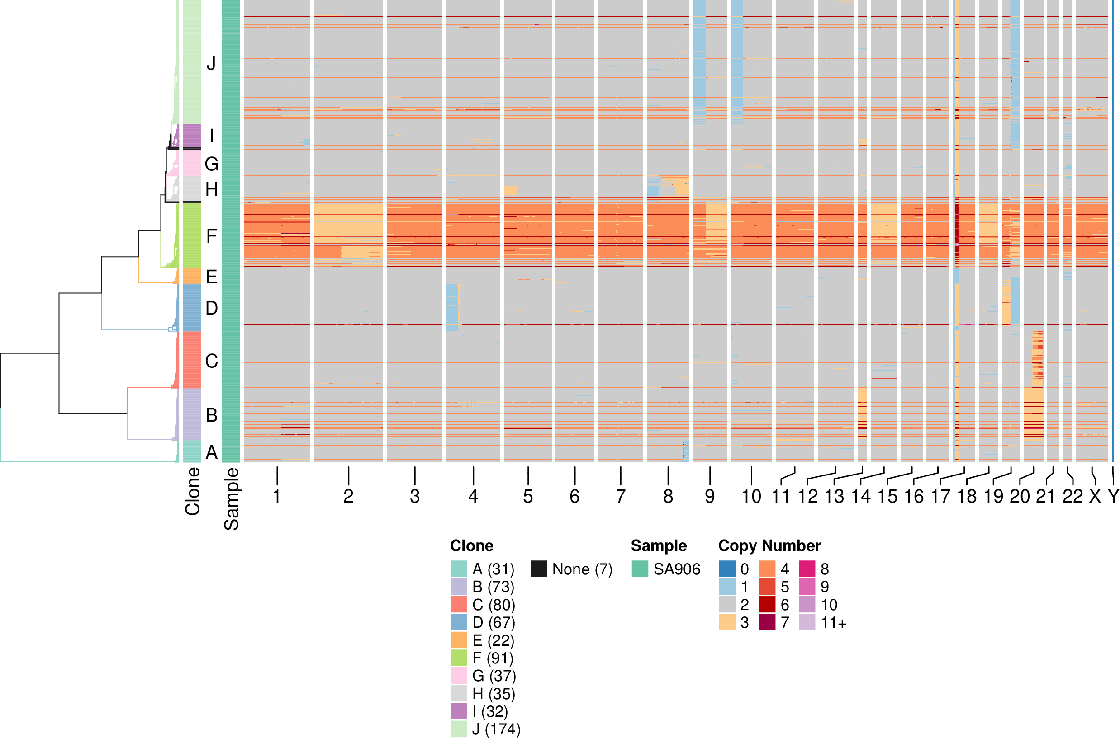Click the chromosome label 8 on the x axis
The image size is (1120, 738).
click(668, 497)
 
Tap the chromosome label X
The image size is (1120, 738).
click(1095, 497)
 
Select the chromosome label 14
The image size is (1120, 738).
click(861, 497)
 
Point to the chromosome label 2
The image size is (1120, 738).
click(348, 497)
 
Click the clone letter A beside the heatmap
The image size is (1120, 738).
click(212, 452)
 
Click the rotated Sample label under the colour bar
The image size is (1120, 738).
click(231, 499)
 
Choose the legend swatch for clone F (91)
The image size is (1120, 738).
click(459, 658)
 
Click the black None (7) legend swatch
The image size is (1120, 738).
click(539, 569)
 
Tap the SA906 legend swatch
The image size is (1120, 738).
click(640, 569)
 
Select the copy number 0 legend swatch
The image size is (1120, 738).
click(727, 569)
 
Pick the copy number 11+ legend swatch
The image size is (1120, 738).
click(807, 622)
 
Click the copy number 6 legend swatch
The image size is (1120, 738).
click(767, 604)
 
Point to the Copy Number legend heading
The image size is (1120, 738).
click(769, 545)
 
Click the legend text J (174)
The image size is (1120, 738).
click(496, 729)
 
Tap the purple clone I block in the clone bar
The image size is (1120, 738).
click(192, 136)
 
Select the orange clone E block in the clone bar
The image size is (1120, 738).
click(192, 276)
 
